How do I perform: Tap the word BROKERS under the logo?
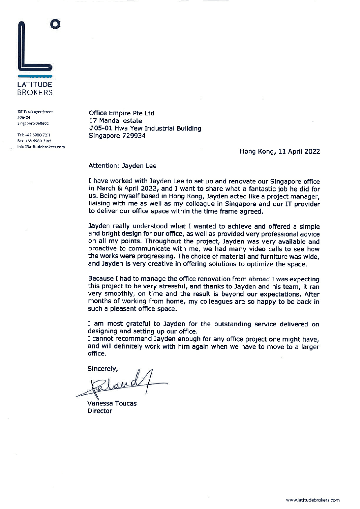click(x=35, y=93)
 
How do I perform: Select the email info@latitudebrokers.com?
click(x=41, y=147)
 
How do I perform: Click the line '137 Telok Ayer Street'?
click(x=35, y=112)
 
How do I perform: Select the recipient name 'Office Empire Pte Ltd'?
click(x=121, y=113)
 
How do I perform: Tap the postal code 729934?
click(x=134, y=136)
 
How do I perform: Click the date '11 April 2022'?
click(x=299, y=151)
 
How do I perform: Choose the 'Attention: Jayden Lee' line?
click(x=122, y=166)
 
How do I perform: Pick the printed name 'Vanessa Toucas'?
click(x=112, y=403)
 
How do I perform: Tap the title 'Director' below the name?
click(x=100, y=411)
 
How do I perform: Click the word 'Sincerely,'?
click(x=102, y=369)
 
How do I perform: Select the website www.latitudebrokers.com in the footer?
click(x=312, y=500)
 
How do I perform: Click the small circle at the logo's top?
click(x=55, y=24)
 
